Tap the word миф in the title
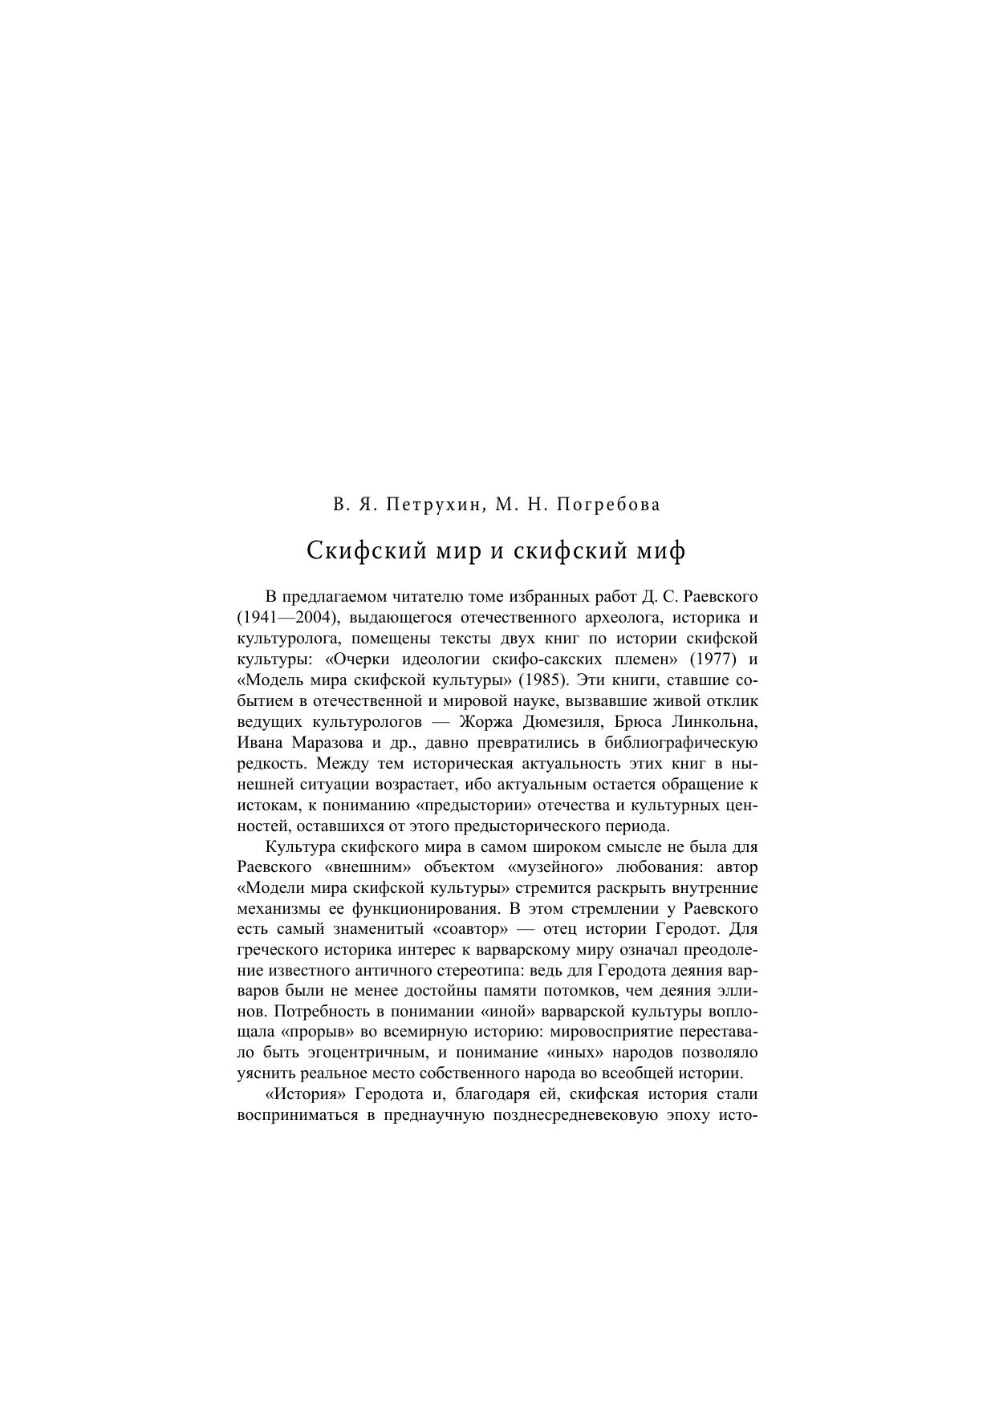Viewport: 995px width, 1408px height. click(665, 551)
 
